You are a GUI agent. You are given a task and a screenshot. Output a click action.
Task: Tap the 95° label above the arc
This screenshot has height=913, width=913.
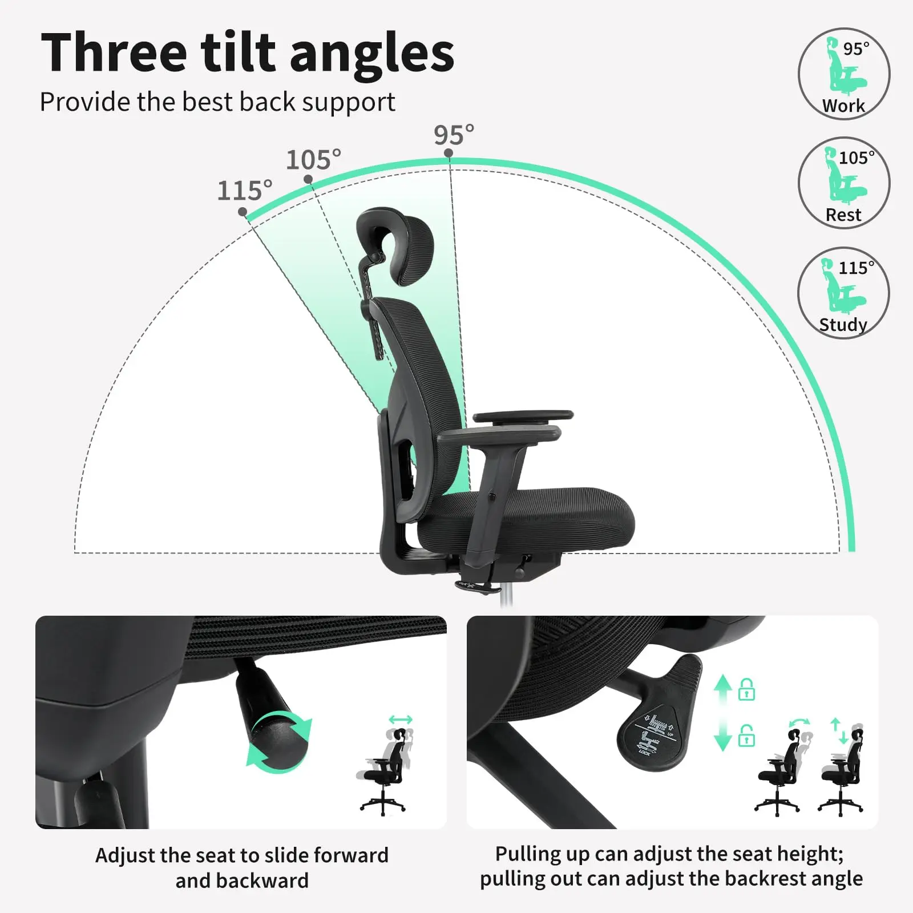[x=454, y=135]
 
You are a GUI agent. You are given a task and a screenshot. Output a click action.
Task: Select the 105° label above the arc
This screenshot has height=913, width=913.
[x=313, y=160]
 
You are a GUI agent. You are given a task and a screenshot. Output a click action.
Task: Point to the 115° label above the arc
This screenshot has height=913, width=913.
[x=245, y=190]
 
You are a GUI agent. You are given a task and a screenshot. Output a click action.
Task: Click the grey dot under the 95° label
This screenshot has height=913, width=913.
[x=449, y=153]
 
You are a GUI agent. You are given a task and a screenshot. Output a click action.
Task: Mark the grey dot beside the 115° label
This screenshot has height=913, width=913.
[x=243, y=212]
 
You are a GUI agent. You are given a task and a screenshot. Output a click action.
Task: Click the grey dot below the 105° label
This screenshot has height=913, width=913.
[x=308, y=179]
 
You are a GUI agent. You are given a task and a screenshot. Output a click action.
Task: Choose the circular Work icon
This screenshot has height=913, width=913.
[x=843, y=74]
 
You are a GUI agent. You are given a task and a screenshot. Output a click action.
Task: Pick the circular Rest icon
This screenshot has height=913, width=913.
[x=843, y=183]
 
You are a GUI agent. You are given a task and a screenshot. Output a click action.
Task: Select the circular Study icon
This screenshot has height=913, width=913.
[x=843, y=293]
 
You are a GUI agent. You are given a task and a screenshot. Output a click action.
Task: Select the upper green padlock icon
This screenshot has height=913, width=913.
[x=746, y=689]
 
